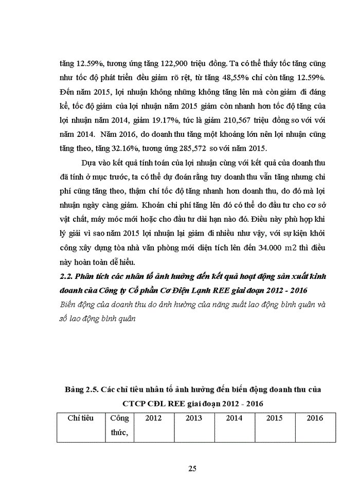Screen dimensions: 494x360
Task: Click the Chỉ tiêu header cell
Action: pyautogui.click(x=81, y=418)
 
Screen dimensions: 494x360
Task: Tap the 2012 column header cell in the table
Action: pyautogui.click(x=153, y=418)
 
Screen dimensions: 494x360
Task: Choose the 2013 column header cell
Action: pyautogui.click(x=194, y=418)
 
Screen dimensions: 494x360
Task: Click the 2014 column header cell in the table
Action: pyautogui.click(x=234, y=418)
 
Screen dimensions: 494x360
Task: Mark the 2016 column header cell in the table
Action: pyautogui.click(x=315, y=418)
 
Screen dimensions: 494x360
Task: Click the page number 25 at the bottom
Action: pyautogui.click(x=192, y=468)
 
